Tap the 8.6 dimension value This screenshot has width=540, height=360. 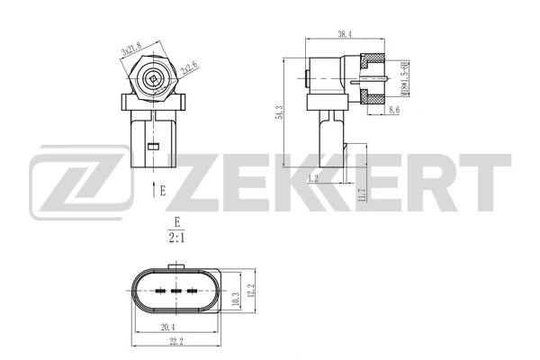(x=394, y=110)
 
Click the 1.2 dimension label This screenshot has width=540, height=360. (x=312, y=178)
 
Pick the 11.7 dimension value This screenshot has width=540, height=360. (x=361, y=193)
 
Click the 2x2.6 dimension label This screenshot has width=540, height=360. (x=189, y=65)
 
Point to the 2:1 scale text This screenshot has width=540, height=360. (x=176, y=238)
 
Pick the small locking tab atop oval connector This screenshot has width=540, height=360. (x=176, y=266)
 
